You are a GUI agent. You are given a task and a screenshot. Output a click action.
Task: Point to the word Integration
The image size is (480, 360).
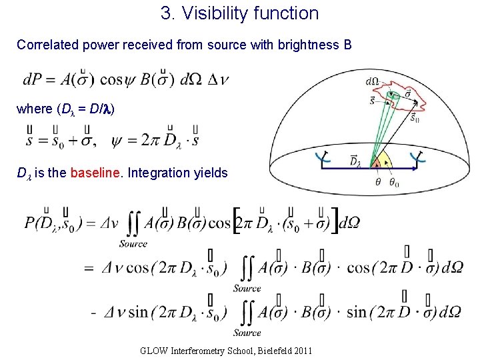point(157,173)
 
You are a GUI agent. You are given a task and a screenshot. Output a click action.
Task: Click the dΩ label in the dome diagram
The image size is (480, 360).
point(373,82)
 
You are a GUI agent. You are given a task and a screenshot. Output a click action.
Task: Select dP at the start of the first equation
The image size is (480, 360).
point(31,80)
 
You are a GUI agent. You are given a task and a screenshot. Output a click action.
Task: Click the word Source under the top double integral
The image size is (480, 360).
point(133,244)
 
